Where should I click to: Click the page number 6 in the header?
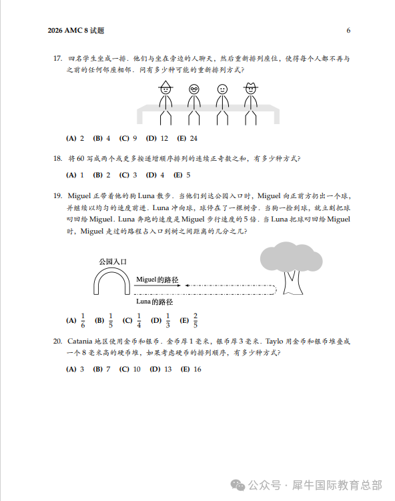(x=348, y=31)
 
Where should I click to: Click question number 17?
(x=57, y=59)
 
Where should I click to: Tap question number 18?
(x=57, y=159)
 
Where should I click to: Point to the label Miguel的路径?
(x=157, y=279)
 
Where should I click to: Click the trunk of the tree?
(x=292, y=280)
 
